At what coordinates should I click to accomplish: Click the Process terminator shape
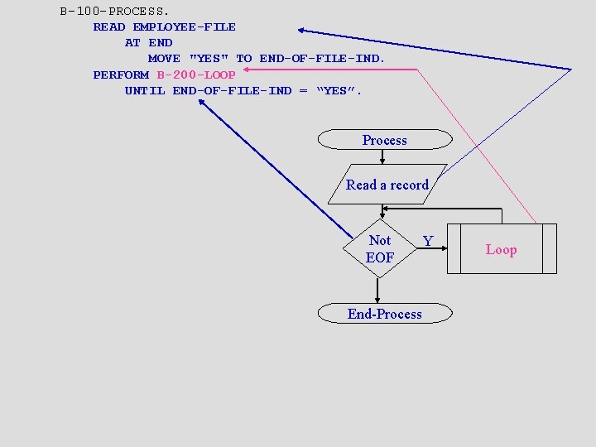tap(385, 140)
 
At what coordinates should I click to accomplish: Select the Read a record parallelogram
tap(387, 185)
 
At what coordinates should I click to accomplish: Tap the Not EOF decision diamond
tap(379, 248)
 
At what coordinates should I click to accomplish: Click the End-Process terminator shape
tap(385, 314)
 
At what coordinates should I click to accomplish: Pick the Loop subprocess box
tap(501, 249)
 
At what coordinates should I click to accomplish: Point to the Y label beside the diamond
tap(428, 241)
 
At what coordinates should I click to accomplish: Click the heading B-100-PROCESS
tap(115, 12)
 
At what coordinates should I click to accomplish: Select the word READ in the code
tap(109, 27)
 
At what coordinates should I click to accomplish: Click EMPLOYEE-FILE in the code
tap(185, 27)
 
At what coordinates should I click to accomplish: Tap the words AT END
tap(149, 43)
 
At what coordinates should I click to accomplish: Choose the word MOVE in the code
tap(164, 59)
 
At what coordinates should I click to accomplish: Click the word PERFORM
tap(121, 74)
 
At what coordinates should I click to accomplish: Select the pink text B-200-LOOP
tap(196, 74)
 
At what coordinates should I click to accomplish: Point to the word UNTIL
tap(145, 90)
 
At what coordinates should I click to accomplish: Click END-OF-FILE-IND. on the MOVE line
tap(323, 59)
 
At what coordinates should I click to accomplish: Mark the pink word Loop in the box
tap(501, 249)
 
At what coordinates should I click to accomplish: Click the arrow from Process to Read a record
tap(382, 157)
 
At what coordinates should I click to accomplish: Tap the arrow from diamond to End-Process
tap(377, 290)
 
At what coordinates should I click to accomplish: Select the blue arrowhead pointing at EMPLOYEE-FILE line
tap(303, 31)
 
